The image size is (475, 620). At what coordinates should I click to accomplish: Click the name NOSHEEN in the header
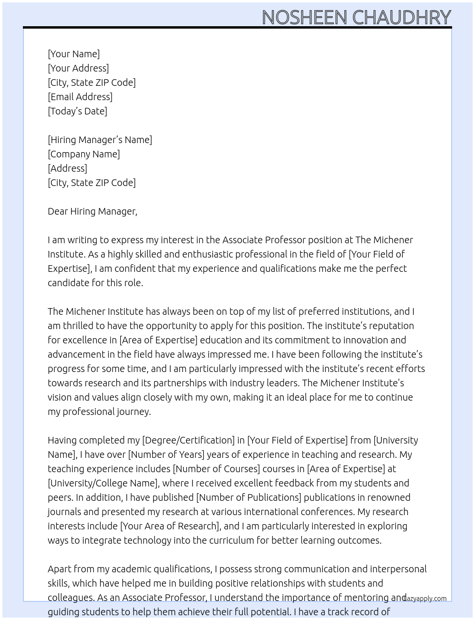pyautogui.click(x=304, y=17)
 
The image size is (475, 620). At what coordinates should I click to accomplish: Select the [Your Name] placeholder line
pyautogui.click(x=73, y=54)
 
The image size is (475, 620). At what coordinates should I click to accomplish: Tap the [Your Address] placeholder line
pyautogui.click(x=78, y=68)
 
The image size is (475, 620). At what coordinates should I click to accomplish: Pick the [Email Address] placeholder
pyautogui.click(x=80, y=97)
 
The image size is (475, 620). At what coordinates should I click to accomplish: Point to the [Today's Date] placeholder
pyautogui.click(x=77, y=111)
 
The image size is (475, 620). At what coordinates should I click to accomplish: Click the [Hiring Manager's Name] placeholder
pyautogui.click(x=100, y=140)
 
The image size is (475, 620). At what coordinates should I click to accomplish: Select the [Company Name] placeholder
pyautogui.click(x=83, y=154)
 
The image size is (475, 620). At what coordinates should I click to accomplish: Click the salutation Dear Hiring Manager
pyautogui.click(x=92, y=211)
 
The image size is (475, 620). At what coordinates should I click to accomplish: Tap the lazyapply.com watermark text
pyautogui.click(x=425, y=599)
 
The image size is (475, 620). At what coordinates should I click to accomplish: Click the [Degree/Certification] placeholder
pyautogui.click(x=188, y=440)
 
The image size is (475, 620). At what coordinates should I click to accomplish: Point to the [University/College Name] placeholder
pyautogui.click(x=103, y=483)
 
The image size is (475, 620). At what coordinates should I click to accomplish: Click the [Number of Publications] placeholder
pyautogui.click(x=248, y=497)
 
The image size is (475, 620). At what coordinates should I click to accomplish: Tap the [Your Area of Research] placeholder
pyautogui.click(x=170, y=526)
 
